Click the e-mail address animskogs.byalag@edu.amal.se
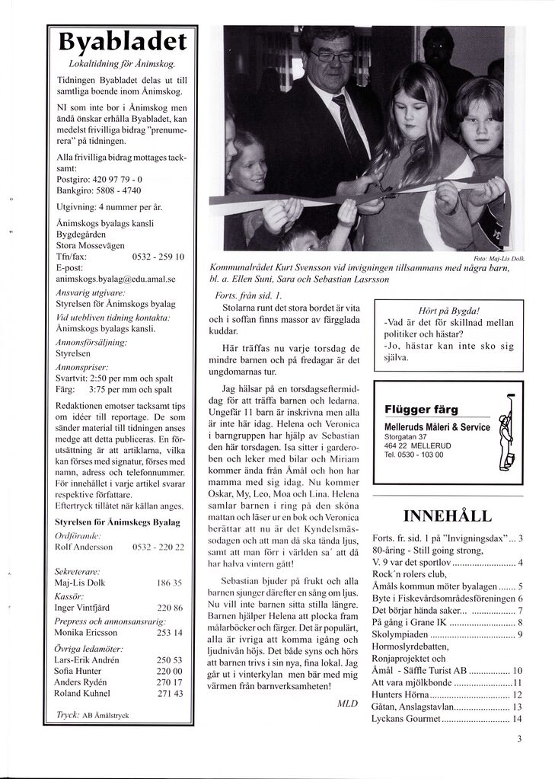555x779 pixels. point(116,279)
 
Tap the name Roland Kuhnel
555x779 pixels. point(83,693)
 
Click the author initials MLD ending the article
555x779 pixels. point(346,704)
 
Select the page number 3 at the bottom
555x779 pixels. point(518,738)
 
